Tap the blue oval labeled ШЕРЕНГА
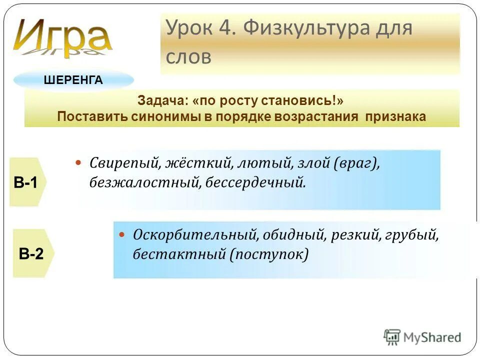[x=73, y=80]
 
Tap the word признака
[x=395, y=116]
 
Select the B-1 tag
[x=26, y=182]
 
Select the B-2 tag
[x=31, y=253]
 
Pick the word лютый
[x=258, y=163]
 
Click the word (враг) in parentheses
[x=355, y=163]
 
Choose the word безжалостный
[x=145, y=182]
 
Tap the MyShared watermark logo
[x=422, y=337]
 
